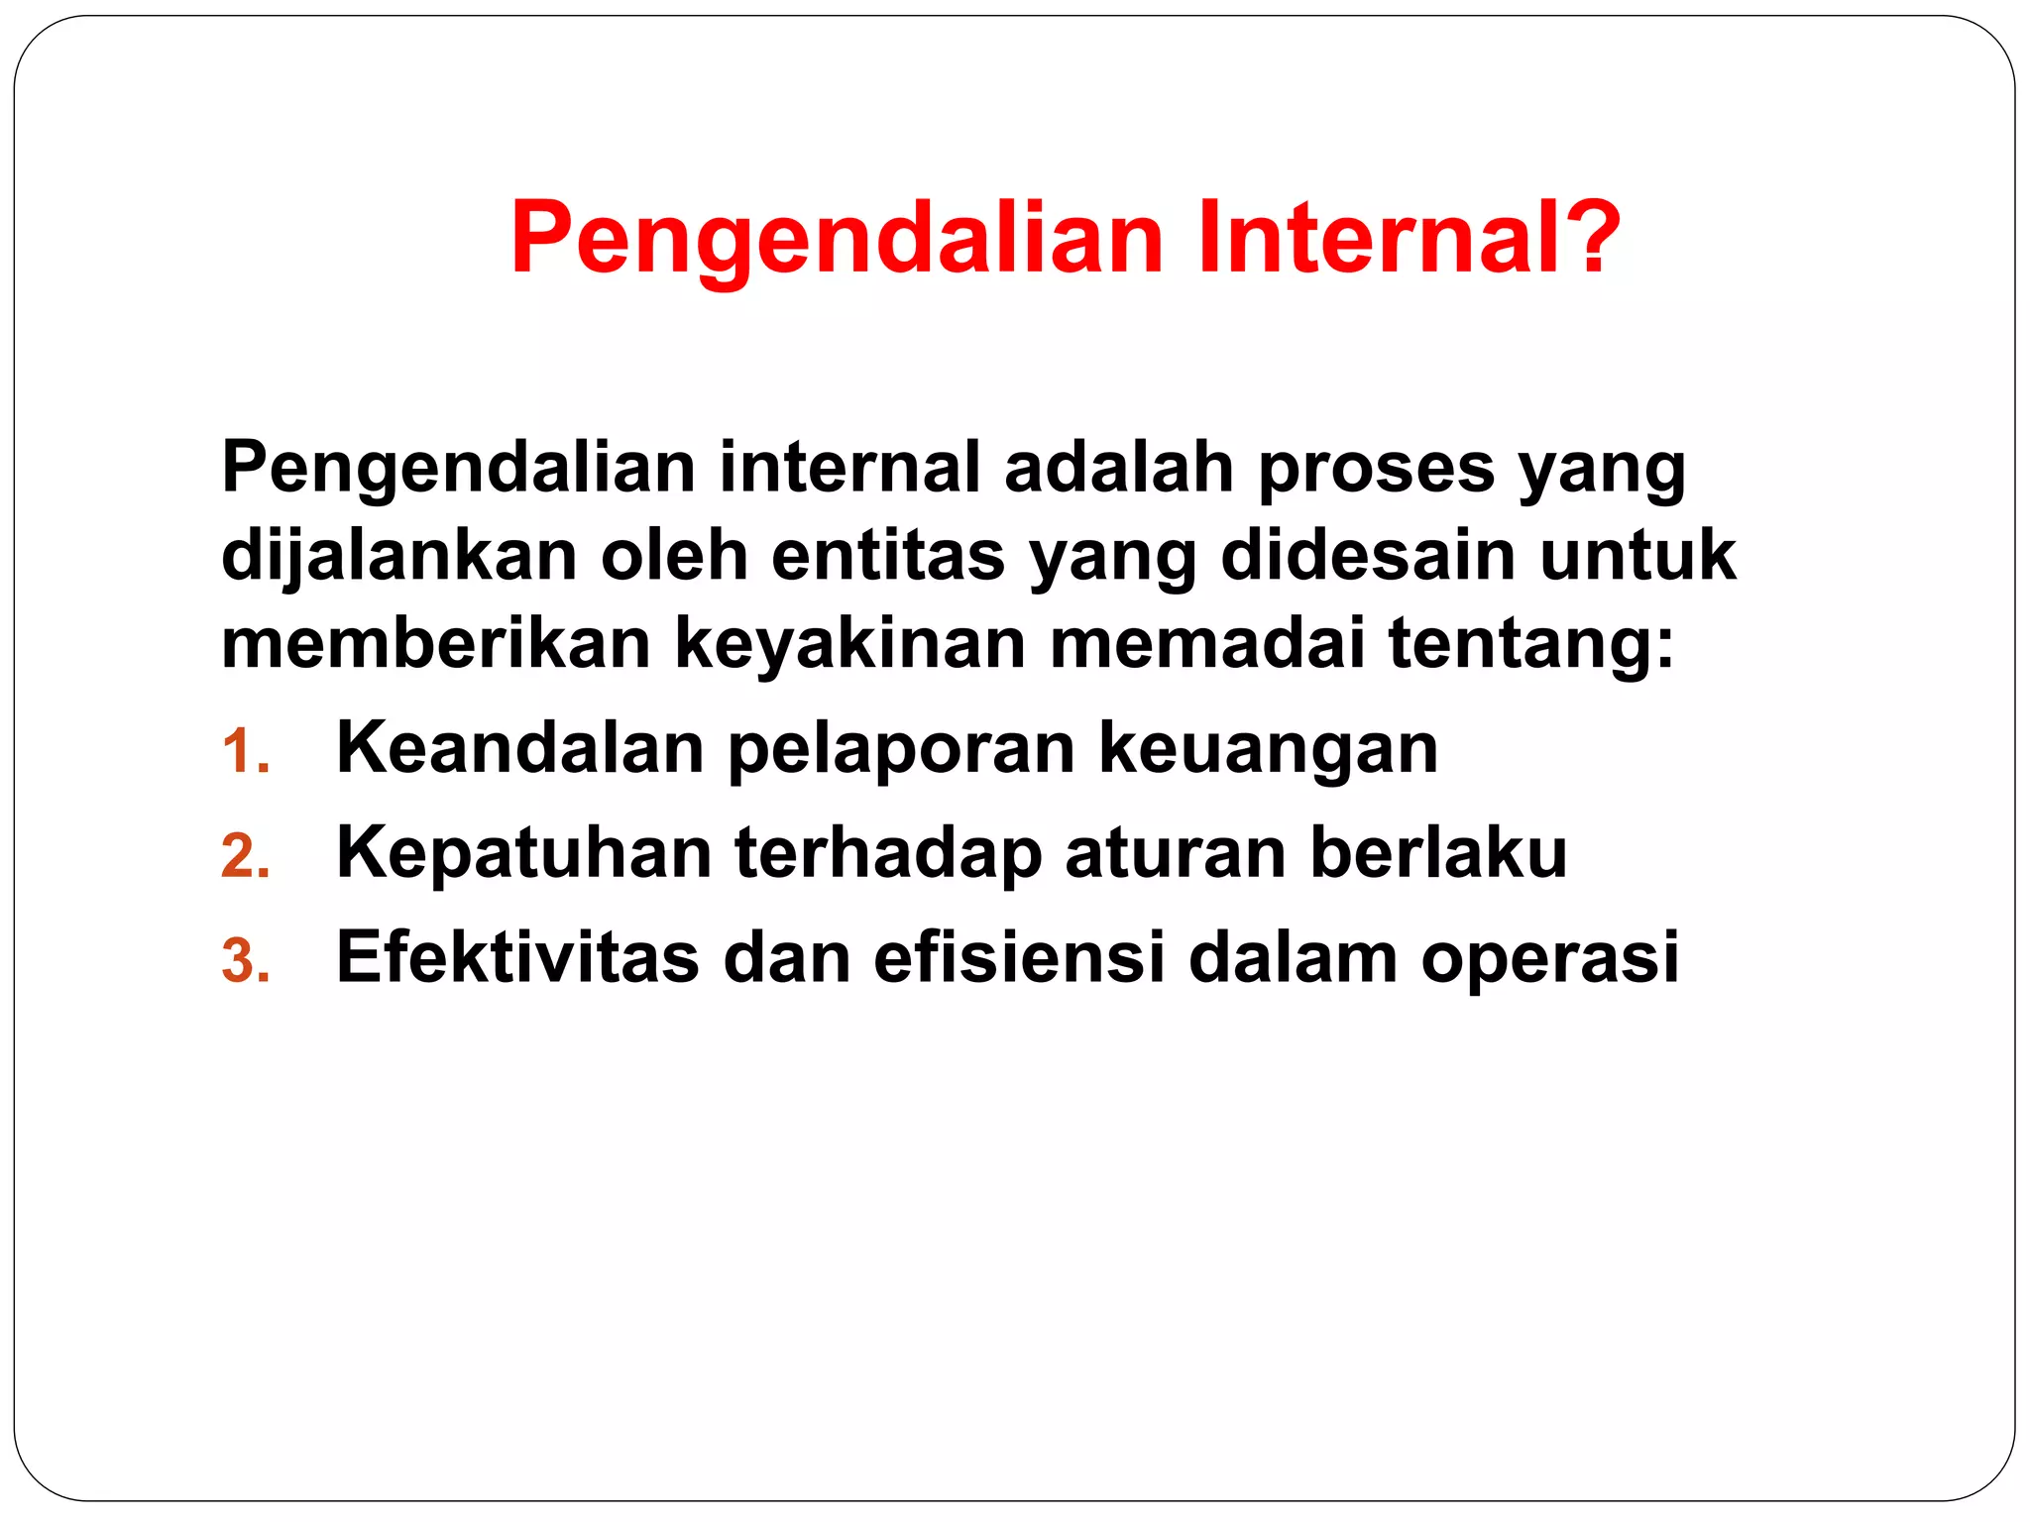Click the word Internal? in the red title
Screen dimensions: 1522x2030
tap(1408, 238)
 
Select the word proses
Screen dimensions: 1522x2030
tap(1376, 468)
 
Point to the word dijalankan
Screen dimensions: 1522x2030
tap(399, 555)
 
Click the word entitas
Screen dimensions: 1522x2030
tap(888, 555)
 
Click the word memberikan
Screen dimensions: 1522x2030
tap(436, 643)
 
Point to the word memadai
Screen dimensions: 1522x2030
tap(1207, 643)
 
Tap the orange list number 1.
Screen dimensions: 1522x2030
tap(244, 751)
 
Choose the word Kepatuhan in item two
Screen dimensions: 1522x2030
tap(524, 853)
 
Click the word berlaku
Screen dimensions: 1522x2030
tap(1438, 851)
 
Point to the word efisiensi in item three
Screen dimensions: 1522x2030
tap(1019, 957)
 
